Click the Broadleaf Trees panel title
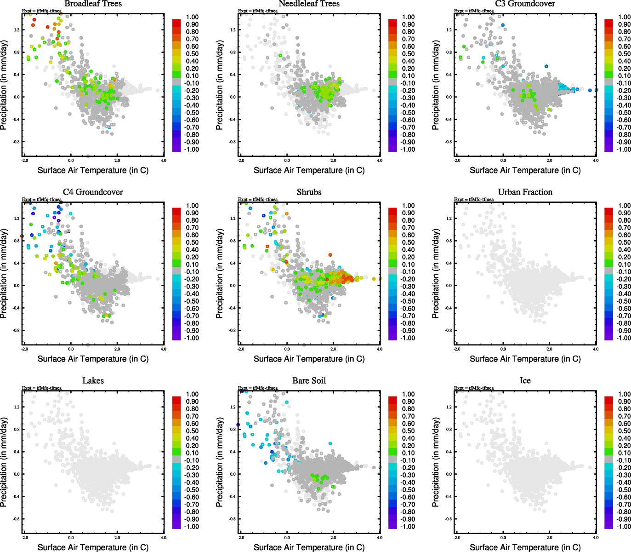point(93,4)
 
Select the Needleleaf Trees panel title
point(309,4)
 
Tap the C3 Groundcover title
point(525,4)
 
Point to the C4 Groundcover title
point(93,192)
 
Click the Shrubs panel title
point(309,192)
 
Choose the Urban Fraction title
point(525,192)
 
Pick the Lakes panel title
point(93,381)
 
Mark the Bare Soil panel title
point(309,381)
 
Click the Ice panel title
point(525,381)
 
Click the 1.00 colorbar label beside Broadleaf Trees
point(193,17)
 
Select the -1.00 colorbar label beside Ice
point(624,526)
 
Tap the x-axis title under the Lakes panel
point(93,547)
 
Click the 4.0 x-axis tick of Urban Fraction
point(596,349)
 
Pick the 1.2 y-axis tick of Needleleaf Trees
point(233,30)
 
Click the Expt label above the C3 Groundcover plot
point(474,11)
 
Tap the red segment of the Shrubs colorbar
point(392,212)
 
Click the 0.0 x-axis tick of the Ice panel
point(503,538)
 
